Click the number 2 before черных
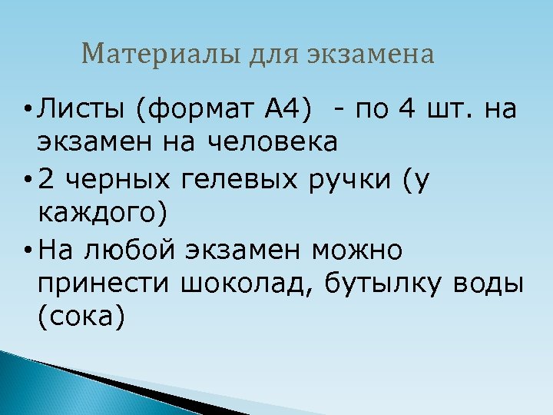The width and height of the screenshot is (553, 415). (47, 180)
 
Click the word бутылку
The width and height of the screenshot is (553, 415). (384, 283)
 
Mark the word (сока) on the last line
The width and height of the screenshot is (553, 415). (81, 315)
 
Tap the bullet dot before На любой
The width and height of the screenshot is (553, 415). (27, 251)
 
